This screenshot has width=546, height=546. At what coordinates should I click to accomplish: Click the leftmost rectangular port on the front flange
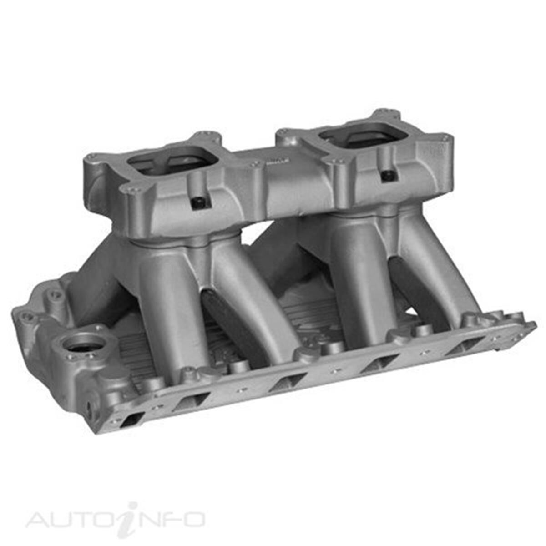(x=132, y=418)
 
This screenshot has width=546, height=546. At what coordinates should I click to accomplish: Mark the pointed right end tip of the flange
(x=535, y=324)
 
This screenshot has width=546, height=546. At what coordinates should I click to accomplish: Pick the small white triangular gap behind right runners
(x=412, y=312)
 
